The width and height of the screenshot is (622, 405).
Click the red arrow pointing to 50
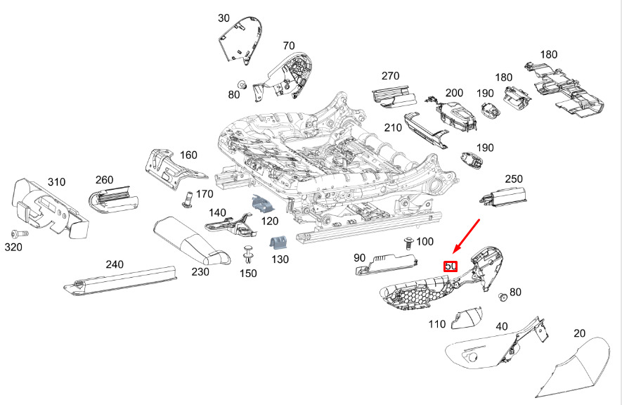(x=466, y=236)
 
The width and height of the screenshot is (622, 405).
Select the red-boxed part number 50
(x=451, y=266)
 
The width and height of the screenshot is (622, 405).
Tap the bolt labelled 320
(x=20, y=233)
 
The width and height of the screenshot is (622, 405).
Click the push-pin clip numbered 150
(x=249, y=255)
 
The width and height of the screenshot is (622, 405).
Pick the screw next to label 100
(x=408, y=243)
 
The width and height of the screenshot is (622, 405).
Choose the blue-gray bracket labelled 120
(x=264, y=204)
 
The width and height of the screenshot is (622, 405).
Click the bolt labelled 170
(x=188, y=199)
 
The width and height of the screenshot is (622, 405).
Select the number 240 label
(x=115, y=264)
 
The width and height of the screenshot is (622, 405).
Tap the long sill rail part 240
(x=119, y=281)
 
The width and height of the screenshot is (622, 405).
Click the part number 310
(x=56, y=182)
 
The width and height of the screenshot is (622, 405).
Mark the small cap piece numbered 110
(x=467, y=318)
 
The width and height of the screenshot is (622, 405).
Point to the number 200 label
(x=454, y=93)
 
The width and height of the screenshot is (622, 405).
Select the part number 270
(x=390, y=76)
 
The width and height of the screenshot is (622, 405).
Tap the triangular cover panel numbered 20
(x=574, y=367)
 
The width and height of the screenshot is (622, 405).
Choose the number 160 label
(x=188, y=155)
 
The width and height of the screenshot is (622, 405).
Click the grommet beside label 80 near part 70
(x=242, y=85)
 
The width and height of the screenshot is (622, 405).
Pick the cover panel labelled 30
(x=240, y=39)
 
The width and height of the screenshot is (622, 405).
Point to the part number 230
(x=200, y=272)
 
